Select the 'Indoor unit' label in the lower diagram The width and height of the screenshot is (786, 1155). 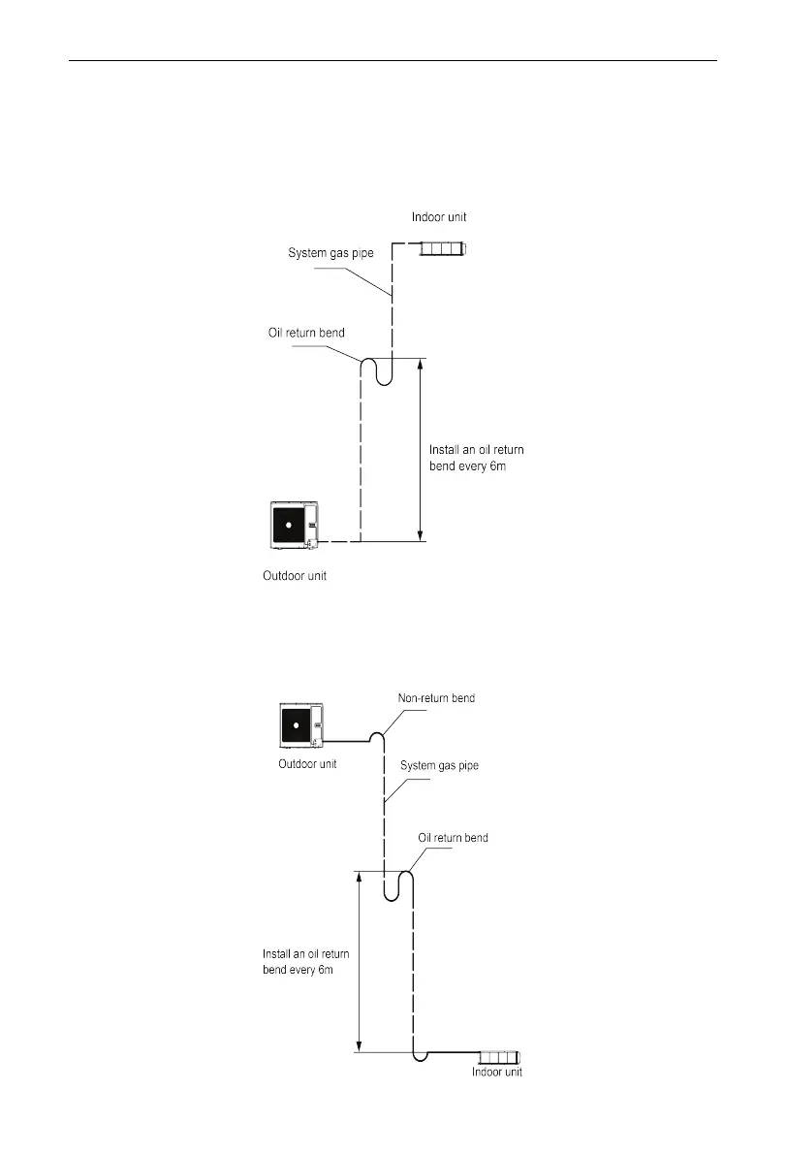497,1073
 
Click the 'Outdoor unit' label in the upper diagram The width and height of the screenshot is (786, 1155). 295,576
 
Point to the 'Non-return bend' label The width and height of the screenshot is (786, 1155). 436,698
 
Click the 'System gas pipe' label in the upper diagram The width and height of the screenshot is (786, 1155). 330,253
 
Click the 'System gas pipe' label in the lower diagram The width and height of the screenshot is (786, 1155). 440,765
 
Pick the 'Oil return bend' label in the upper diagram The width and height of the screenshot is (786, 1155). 306,334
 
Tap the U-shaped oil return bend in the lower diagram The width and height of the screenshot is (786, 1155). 399,885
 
